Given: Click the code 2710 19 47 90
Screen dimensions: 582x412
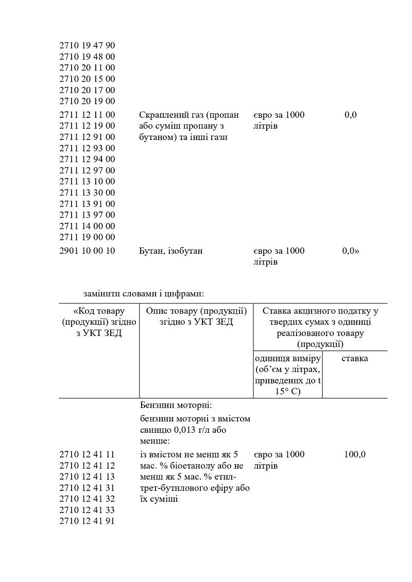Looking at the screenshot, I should (87, 46).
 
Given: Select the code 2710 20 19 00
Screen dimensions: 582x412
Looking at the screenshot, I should (87, 101).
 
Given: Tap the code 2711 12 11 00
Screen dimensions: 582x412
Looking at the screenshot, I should (87, 115).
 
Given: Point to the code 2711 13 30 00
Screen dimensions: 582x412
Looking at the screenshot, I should (87, 193).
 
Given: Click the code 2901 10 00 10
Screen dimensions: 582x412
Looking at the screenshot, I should (87, 251).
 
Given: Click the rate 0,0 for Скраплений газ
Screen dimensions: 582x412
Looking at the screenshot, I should (350, 115).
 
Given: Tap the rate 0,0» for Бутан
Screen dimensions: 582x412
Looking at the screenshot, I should (351, 251).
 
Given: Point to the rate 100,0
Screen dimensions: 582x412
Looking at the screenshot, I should (355, 455).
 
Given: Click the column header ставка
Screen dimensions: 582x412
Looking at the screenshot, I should (355, 359).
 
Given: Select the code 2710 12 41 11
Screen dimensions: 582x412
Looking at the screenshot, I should (87, 455).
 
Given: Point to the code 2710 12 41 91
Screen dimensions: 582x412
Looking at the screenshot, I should (87, 521).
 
